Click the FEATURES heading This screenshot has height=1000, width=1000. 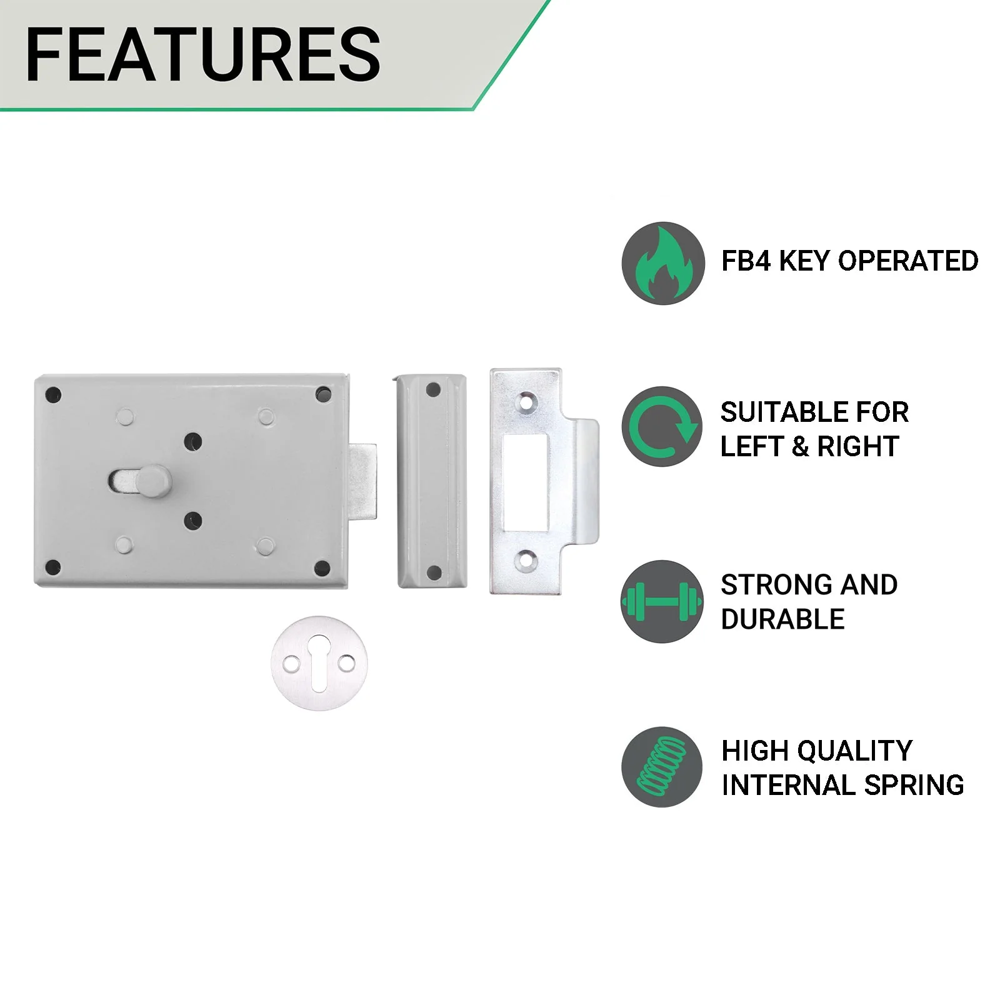pos(203,54)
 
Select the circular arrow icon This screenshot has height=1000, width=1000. pos(663,426)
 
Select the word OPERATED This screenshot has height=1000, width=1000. pos(908,261)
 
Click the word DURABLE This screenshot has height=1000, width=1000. pos(782,619)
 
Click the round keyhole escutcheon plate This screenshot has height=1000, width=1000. pos(319,663)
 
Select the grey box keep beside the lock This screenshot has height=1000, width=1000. pos(432,481)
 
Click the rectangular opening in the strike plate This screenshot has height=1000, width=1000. pos(526,481)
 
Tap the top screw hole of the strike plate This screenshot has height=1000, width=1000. pos(526,401)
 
